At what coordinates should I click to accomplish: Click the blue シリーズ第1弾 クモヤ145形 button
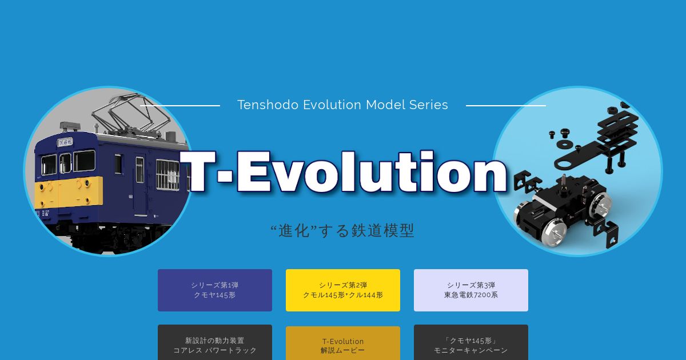point(215,290)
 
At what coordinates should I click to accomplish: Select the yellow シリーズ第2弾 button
point(342,290)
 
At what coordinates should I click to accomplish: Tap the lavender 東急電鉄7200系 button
point(470,290)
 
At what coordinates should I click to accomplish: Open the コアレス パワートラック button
point(215,342)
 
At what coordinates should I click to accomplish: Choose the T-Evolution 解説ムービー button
point(342,343)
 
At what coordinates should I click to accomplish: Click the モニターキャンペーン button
point(470,342)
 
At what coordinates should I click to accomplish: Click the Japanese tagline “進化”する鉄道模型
point(342,230)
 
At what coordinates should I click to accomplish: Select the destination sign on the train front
point(65,142)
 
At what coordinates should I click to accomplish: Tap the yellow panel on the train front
point(69,192)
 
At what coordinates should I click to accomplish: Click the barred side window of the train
point(167,175)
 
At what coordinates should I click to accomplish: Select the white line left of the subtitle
point(180,106)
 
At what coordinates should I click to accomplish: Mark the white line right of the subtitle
point(505,106)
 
